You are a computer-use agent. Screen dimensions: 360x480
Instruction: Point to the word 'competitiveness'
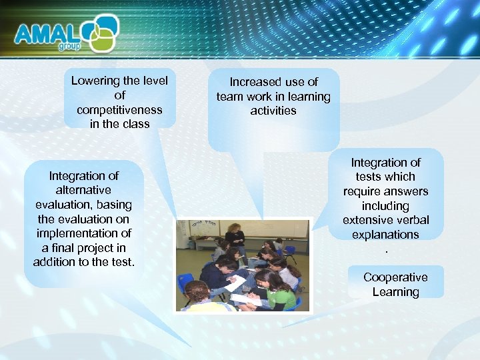click(119, 109)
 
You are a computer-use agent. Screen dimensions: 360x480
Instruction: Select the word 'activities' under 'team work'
click(273, 111)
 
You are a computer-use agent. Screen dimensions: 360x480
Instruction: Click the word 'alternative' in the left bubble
click(84, 190)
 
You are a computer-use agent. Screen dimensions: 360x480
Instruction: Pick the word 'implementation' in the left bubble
click(84, 233)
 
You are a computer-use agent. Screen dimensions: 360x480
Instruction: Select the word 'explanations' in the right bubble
click(385, 234)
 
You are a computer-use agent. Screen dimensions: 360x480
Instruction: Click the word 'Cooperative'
click(395, 277)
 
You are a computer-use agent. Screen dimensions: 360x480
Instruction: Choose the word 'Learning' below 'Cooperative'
click(395, 291)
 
